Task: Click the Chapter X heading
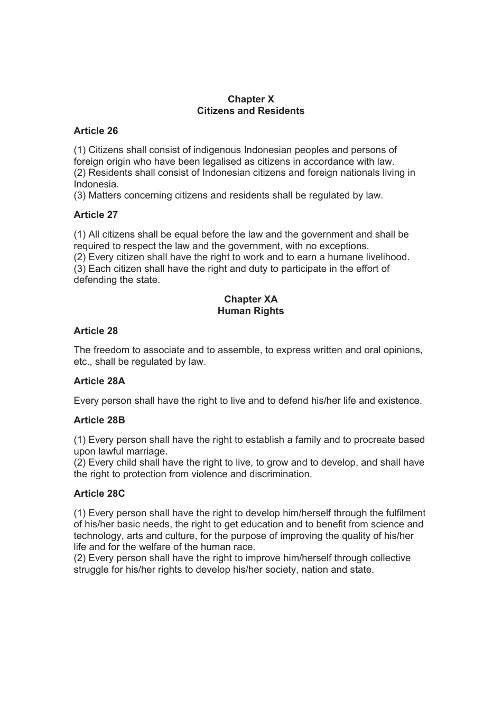[x=250, y=99]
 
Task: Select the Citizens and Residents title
[x=250, y=111]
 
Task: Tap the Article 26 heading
[x=96, y=131]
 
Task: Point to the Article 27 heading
[x=96, y=215]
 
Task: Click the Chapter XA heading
[x=250, y=299]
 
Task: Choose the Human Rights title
[x=250, y=311]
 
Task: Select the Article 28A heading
[x=99, y=381]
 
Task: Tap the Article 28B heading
[x=99, y=420]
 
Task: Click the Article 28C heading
[x=99, y=494]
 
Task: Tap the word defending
[x=95, y=280]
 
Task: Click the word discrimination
[x=279, y=474]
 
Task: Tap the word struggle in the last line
[x=91, y=570]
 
